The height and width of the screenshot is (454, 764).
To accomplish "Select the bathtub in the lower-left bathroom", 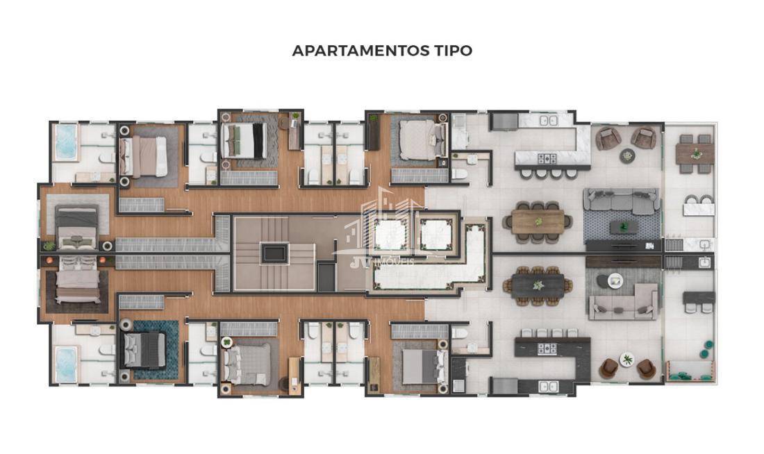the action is click(x=66, y=364).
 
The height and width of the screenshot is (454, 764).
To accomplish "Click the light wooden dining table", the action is click(x=538, y=221).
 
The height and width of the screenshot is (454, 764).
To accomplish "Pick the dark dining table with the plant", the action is click(x=538, y=285).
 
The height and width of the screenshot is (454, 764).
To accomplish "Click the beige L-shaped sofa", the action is click(x=624, y=303).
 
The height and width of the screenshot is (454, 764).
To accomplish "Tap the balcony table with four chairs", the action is click(x=695, y=154).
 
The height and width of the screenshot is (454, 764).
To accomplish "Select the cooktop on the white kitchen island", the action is click(x=547, y=158).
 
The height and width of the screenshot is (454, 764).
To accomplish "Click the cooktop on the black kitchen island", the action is click(x=547, y=348).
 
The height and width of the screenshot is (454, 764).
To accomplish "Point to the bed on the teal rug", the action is click(x=144, y=349).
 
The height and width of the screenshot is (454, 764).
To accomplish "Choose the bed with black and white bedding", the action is click(x=244, y=140).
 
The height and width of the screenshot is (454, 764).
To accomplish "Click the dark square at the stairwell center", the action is click(x=274, y=253).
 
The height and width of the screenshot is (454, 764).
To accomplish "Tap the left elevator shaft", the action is click(x=391, y=235).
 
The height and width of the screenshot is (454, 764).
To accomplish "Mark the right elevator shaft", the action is click(x=436, y=235).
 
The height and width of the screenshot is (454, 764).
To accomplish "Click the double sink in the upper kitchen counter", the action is click(x=549, y=121).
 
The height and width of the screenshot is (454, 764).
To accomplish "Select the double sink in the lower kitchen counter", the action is click(x=549, y=387).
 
